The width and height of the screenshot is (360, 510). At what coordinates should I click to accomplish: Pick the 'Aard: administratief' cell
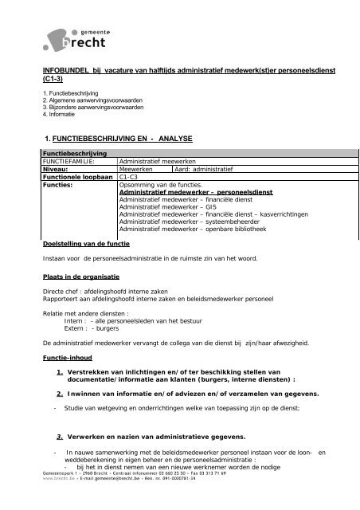click(202, 169)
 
